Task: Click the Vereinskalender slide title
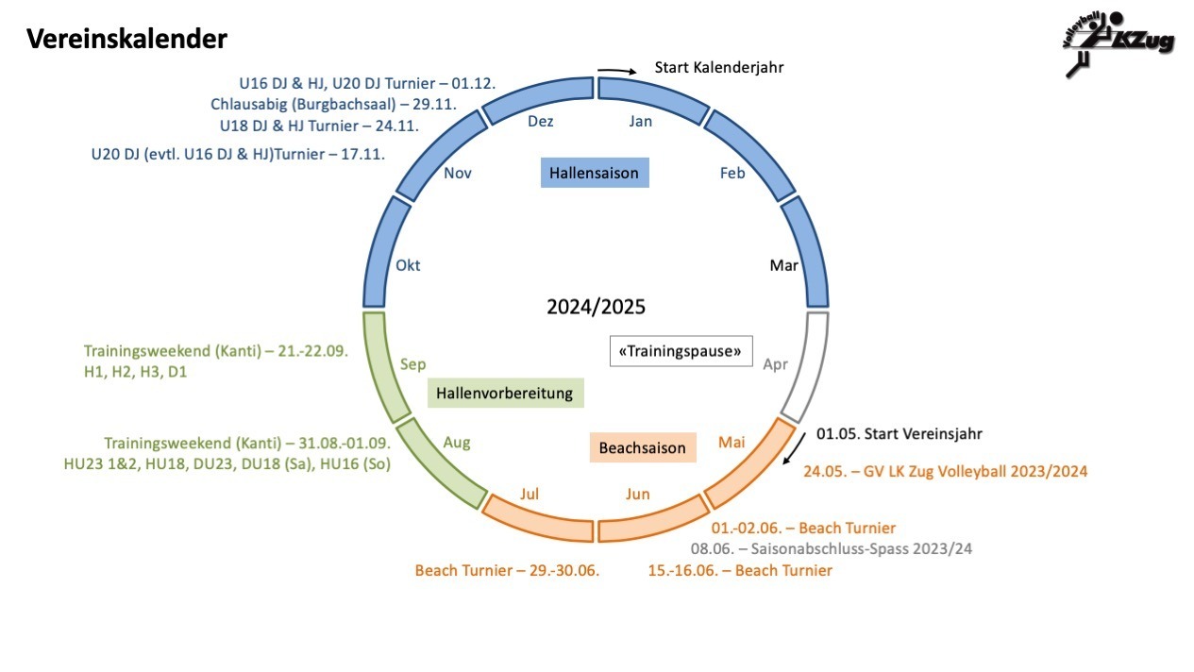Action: (126, 39)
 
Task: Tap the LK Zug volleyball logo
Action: (1117, 42)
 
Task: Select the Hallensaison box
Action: (595, 173)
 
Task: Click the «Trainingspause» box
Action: (681, 351)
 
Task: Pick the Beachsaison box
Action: (642, 447)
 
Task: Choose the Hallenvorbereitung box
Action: (505, 393)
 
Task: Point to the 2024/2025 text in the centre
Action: (596, 308)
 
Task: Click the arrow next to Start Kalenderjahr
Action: (617, 70)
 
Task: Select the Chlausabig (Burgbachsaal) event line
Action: (333, 104)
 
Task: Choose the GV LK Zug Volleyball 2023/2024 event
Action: (945, 471)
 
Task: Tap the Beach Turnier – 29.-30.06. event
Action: (508, 570)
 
